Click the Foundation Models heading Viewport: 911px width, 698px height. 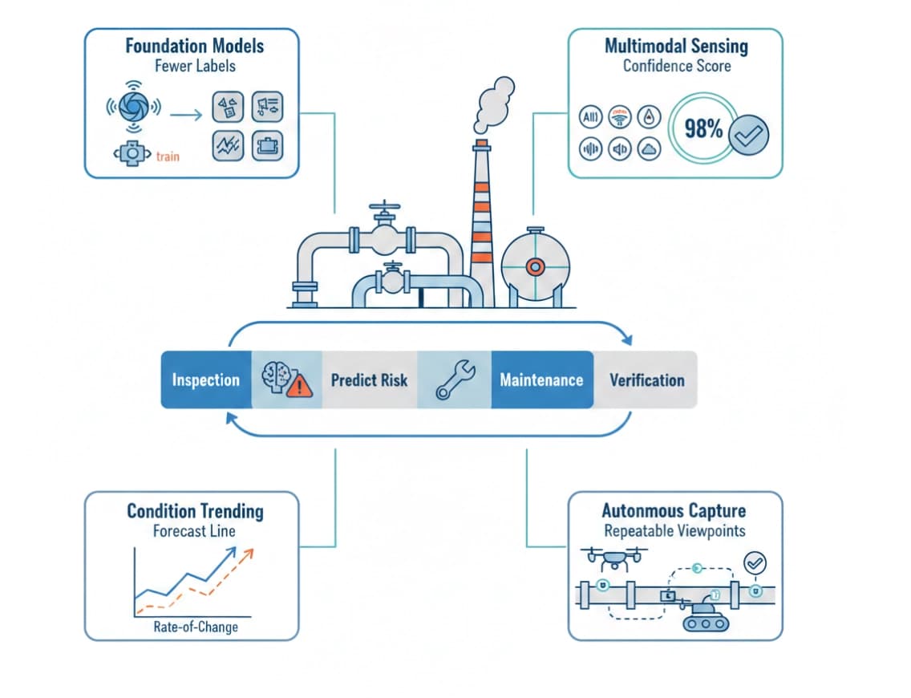pyautogui.click(x=194, y=45)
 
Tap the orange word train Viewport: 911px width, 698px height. pyautogui.click(x=168, y=156)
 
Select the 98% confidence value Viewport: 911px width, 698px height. pyautogui.click(x=702, y=128)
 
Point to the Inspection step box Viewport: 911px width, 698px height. pyautogui.click(x=206, y=379)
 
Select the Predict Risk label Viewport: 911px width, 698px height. pyautogui.click(x=369, y=379)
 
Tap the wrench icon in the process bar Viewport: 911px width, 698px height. pyautogui.click(x=455, y=379)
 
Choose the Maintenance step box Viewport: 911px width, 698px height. pyautogui.click(x=541, y=379)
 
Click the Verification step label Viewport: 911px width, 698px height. pyautogui.click(x=646, y=379)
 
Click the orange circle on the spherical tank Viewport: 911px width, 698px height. pyautogui.click(x=535, y=266)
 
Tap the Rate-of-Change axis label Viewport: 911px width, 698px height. pyautogui.click(x=195, y=627)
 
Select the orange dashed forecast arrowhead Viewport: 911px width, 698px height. pyautogui.click(x=249, y=554)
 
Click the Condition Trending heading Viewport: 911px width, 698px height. pyautogui.click(x=195, y=511)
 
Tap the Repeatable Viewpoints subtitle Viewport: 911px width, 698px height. pyautogui.click(x=674, y=530)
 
